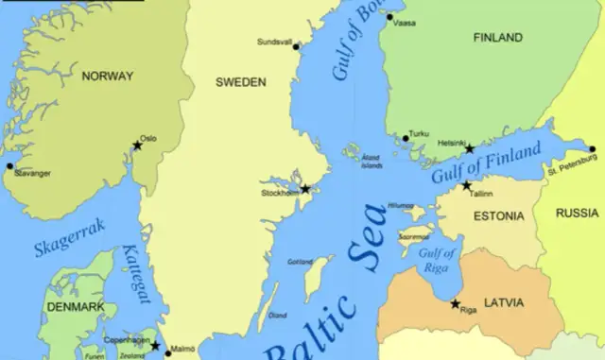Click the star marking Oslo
point(138,146)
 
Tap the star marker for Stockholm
point(305,189)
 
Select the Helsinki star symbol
point(469,148)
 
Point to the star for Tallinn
point(466,186)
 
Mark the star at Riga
point(456,304)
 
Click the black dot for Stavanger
point(10,166)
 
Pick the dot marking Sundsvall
point(296,46)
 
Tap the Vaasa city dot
point(387,16)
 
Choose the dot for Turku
point(406,139)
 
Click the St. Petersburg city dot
point(593,148)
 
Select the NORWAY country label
point(108,76)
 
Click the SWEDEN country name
point(240,82)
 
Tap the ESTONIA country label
point(496,216)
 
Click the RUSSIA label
point(577,213)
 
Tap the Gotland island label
point(300,262)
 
